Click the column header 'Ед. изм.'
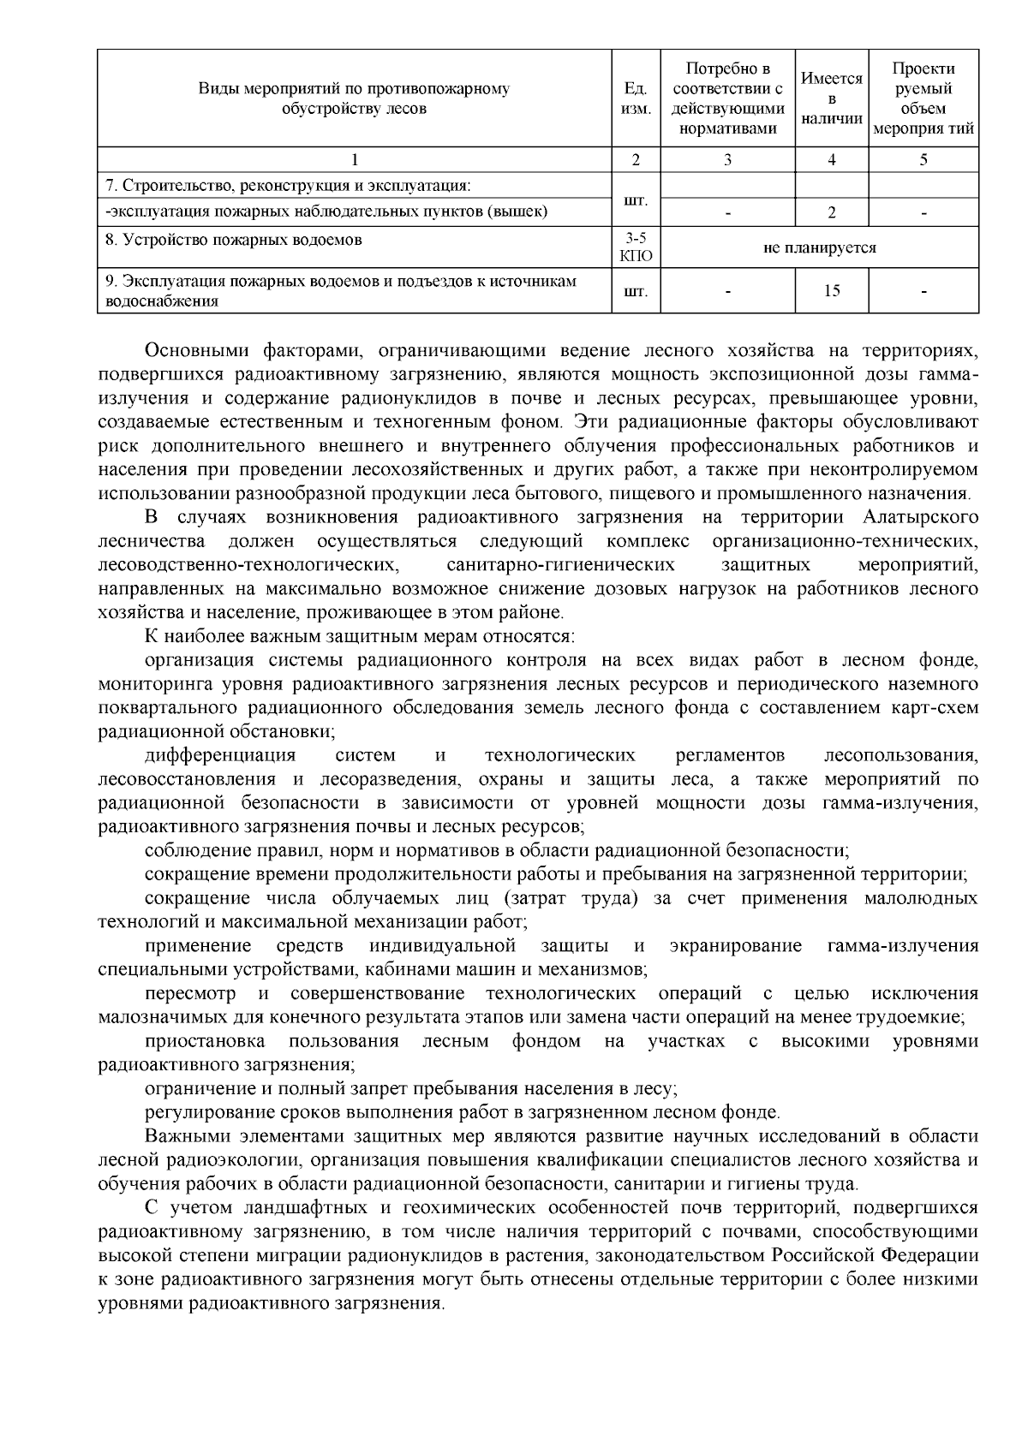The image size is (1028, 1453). (x=636, y=98)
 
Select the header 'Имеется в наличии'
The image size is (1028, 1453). (x=831, y=98)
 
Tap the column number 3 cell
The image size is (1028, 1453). (x=728, y=159)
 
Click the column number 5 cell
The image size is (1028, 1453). (x=923, y=159)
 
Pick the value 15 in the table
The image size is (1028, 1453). (x=832, y=291)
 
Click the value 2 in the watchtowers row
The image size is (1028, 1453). (x=832, y=212)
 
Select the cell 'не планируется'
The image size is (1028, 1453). (x=820, y=248)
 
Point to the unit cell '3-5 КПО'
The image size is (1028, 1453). (x=636, y=248)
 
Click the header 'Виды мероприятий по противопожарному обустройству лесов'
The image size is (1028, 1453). (x=354, y=98)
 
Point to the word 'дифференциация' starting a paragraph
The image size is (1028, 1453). (x=220, y=755)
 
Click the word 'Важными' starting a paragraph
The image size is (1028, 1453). (x=184, y=1136)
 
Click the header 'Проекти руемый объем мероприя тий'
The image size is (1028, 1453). (x=923, y=98)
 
